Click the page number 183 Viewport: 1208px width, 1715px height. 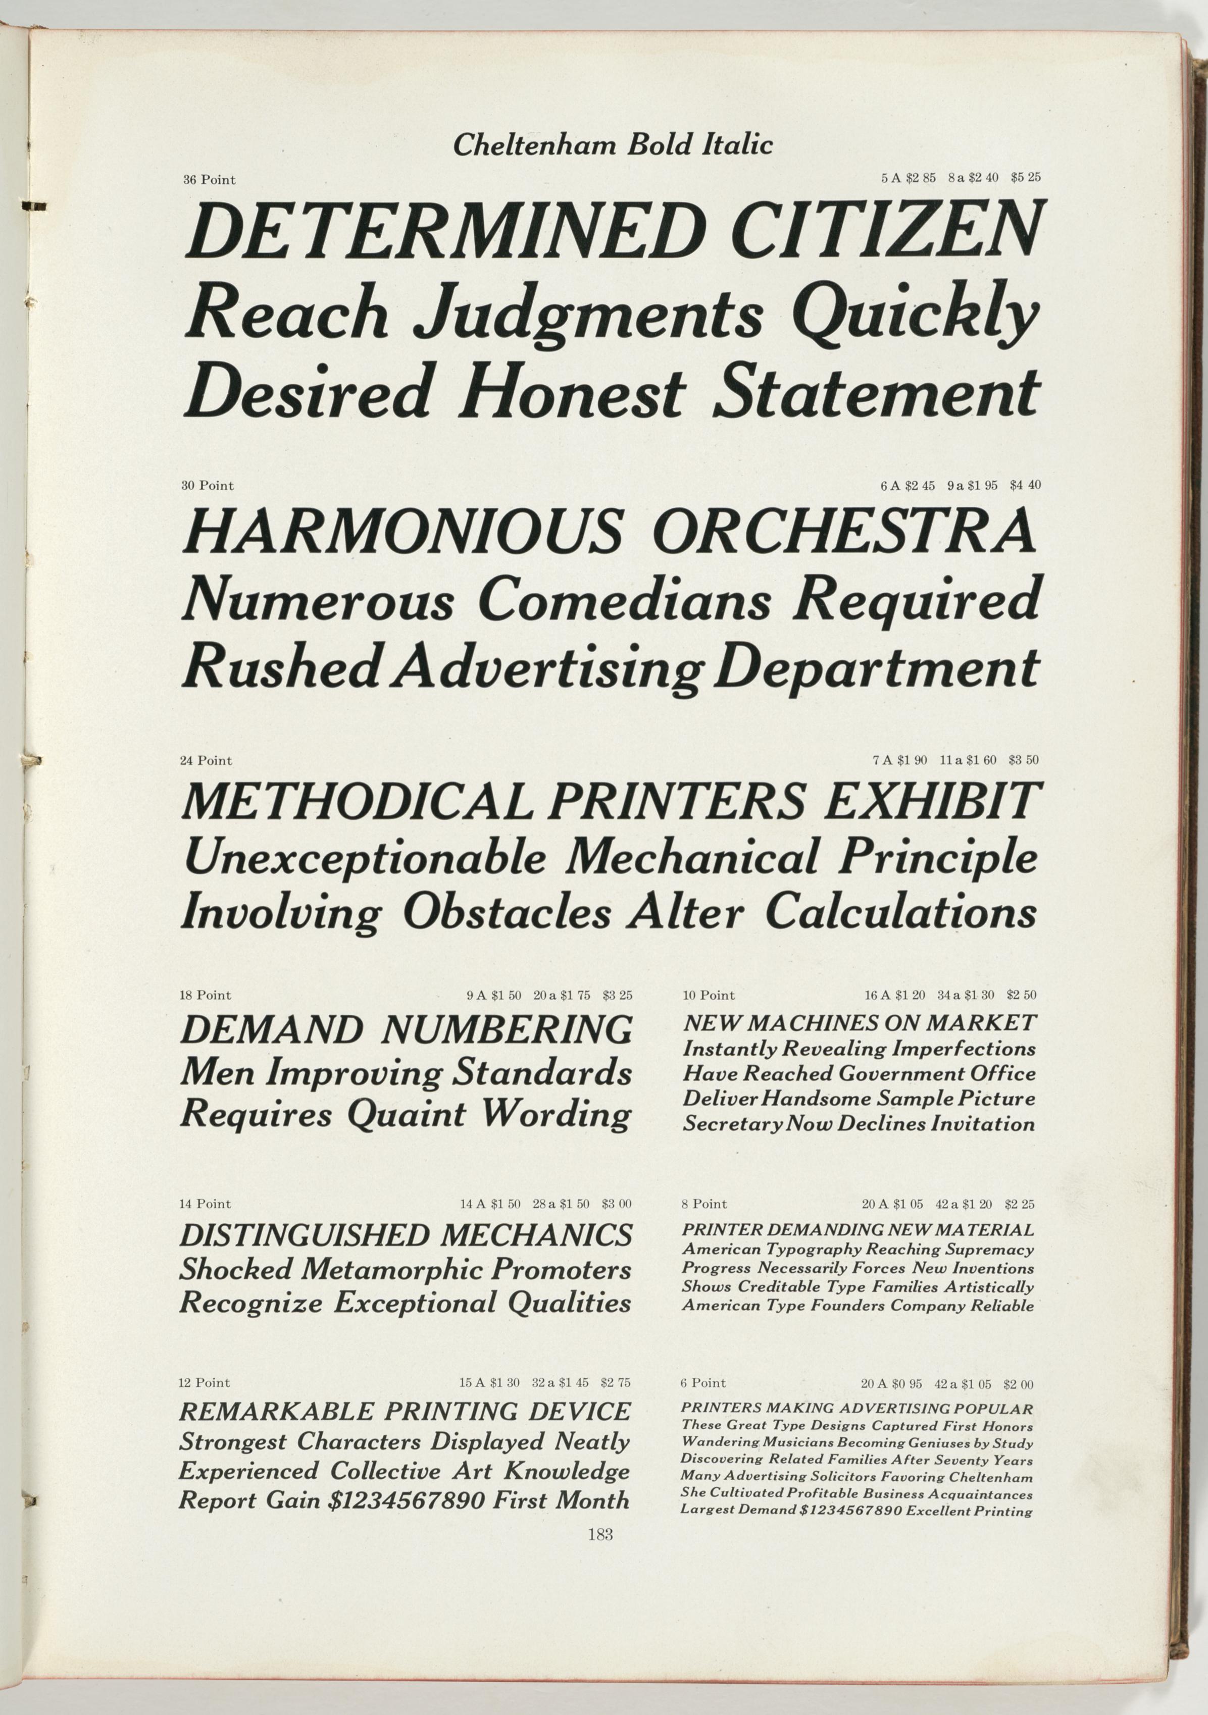point(600,1535)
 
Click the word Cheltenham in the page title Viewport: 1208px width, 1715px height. point(536,144)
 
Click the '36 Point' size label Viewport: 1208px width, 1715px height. point(209,180)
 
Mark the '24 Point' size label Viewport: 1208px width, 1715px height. point(206,760)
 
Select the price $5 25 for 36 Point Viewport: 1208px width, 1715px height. point(1025,178)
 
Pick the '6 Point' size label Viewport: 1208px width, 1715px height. point(703,1383)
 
